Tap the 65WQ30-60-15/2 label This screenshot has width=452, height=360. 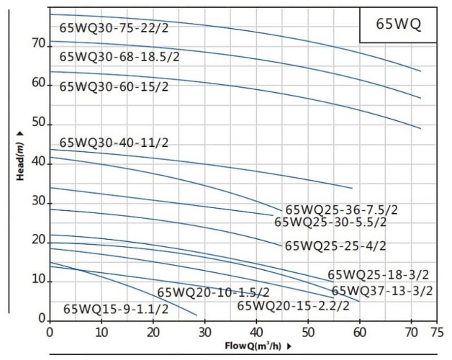click(114, 86)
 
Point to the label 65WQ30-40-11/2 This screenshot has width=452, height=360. click(114, 143)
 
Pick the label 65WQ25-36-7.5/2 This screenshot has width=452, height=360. click(341, 210)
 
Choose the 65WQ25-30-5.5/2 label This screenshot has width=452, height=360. click(331, 222)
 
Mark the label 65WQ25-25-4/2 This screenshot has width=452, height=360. click(335, 246)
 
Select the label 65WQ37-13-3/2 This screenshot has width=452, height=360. click(382, 291)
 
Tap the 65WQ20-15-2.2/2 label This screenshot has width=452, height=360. click(293, 306)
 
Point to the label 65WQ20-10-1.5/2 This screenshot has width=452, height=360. click(213, 292)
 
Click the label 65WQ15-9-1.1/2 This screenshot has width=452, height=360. click(116, 309)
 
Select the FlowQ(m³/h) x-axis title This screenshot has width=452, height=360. click(254, 344)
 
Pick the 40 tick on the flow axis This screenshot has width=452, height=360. click(257, 332)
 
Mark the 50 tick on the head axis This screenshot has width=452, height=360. click(37, 124)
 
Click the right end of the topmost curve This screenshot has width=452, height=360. click(420, 71)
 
